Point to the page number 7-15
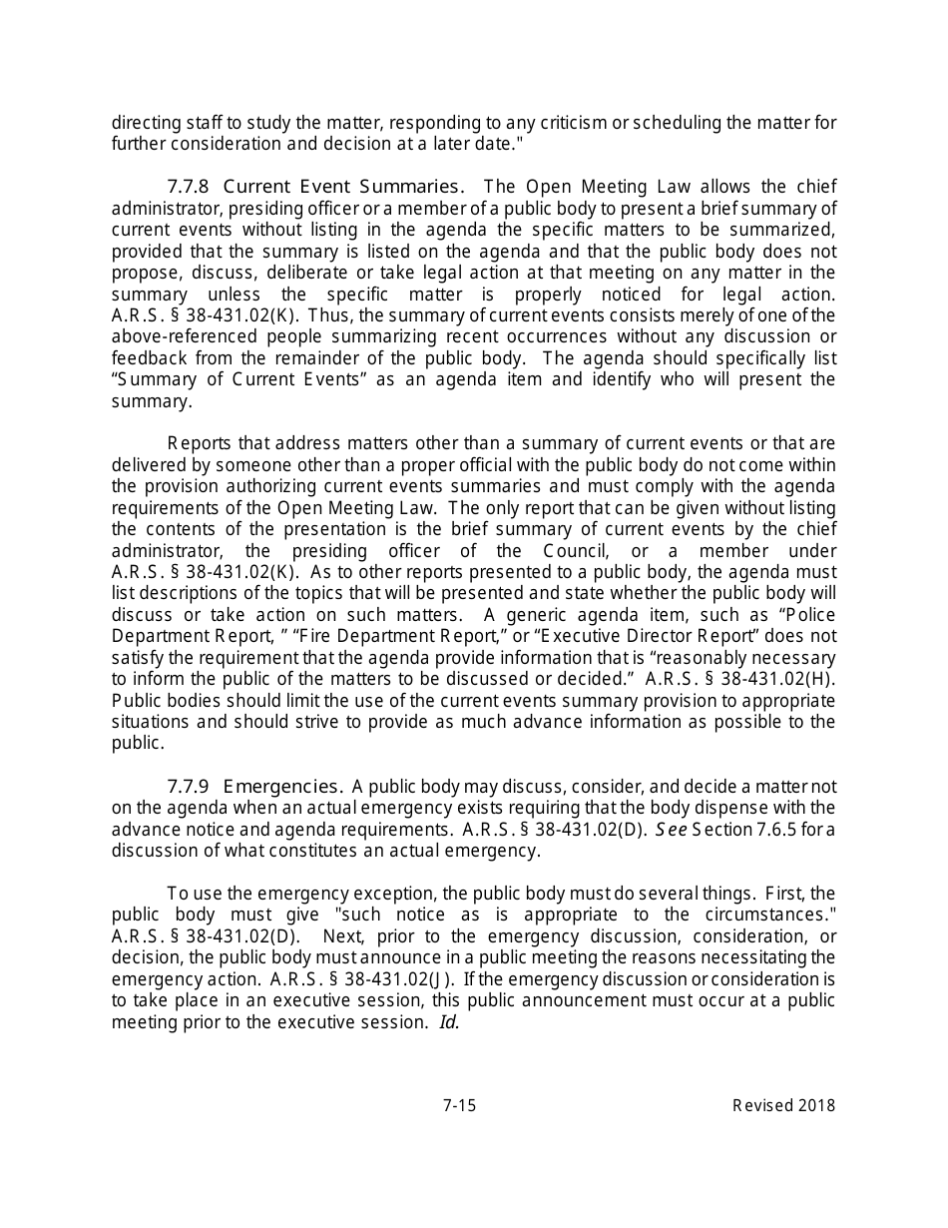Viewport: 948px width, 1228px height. pos(460,1105)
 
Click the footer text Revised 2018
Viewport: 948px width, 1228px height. pos(783,1105)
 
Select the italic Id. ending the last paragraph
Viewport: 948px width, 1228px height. pos(449,1022)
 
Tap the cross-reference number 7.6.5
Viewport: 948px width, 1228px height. pos(777,829)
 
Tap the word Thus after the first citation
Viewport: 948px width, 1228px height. pos(326,315)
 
